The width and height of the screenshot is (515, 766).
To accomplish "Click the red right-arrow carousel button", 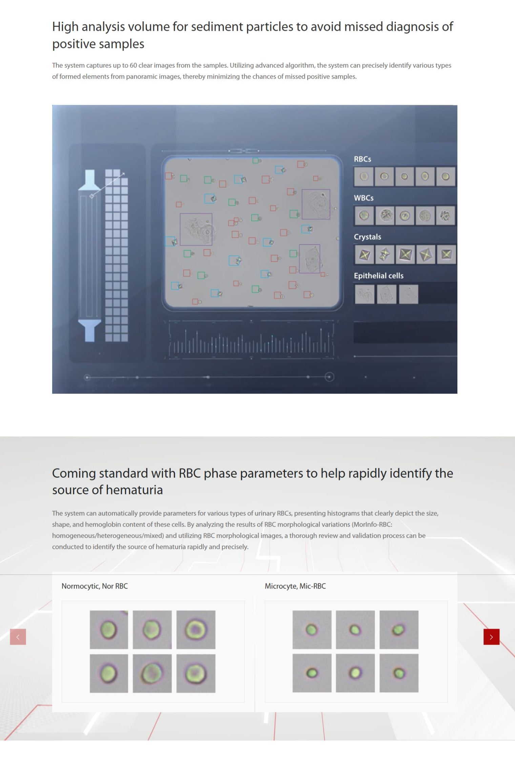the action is tap(491, 637).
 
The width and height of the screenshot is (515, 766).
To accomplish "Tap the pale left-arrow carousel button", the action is tap(18, 637).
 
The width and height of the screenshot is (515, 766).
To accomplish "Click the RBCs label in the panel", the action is tap(363, 159).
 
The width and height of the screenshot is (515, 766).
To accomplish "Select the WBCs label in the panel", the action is tap(364, 198).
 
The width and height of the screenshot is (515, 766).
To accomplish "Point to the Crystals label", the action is tap(367, 237).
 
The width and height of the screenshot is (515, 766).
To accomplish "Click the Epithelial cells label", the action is tap(378, 276).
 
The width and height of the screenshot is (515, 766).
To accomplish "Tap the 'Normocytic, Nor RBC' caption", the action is tap(95, 586).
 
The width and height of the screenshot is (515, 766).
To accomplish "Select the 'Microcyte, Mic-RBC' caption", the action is tap(295, 586).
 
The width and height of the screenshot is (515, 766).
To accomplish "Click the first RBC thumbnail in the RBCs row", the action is tap(364, 176).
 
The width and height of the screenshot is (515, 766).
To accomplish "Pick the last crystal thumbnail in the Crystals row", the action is tap(446, 254).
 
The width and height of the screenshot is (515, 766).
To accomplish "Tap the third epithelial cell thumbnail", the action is tap(409, 294).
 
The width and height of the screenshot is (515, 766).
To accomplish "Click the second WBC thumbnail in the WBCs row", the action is tap(385, 215).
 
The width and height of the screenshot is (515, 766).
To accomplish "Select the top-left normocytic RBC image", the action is tap(109, 630).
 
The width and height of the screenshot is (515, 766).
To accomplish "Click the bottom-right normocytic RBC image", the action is tap(196, 673).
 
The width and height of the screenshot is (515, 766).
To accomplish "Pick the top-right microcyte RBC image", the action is tap(399, 630).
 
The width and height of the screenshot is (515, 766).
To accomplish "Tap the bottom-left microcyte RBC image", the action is tap(312, 673).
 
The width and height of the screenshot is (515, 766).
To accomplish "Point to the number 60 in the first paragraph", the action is tap(133, 65).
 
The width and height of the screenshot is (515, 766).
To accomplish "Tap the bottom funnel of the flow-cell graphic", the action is tap(90, 330).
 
